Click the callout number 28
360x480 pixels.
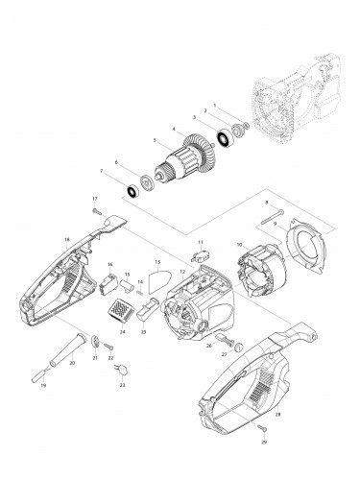pyautogui.click(x=277, y=414)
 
